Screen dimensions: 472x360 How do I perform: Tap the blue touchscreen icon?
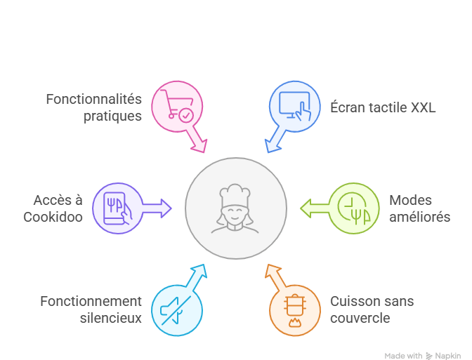295,107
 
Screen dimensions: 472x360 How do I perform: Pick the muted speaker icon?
176,309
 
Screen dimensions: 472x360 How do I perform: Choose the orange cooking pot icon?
295,309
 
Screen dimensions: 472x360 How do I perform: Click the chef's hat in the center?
235,194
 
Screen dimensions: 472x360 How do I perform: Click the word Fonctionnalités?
94,99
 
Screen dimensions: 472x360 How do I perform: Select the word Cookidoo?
53,217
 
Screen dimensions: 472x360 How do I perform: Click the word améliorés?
419,217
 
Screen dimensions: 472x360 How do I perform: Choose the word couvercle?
360,318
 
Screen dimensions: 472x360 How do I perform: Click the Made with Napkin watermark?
426,355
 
